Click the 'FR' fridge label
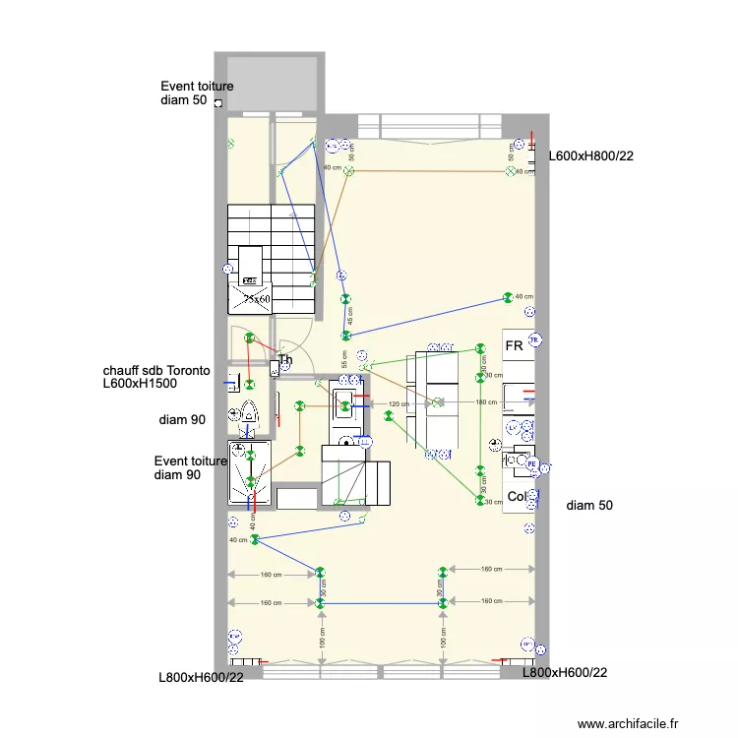coord(514,346)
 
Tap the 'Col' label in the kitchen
coord(516,496)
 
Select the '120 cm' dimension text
coord(398,404)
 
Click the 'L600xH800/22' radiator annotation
coord(589,155)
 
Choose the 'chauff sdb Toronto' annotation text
coord(156,371)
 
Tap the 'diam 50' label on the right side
coord(589,506)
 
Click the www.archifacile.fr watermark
coord(628,723)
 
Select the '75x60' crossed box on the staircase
coord(258,298)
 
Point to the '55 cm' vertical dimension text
coord(344,359)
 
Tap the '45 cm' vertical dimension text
coord(348,316)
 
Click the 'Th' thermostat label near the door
coord(285,360)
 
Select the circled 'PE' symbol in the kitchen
coord(531,462)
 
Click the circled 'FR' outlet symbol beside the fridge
coord(534,341)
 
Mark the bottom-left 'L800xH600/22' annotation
coord(201,677)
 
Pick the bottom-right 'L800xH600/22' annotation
coord(564,673)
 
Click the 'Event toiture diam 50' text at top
coord(197,93)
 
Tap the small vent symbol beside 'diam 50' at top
coord(217,102)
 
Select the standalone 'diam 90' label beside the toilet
coord(182,420)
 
